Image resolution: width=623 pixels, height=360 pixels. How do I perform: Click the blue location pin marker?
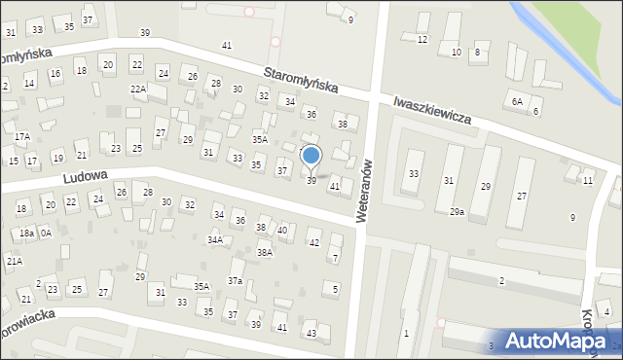point(311,157)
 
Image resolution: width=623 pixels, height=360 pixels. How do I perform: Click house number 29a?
point(457,212)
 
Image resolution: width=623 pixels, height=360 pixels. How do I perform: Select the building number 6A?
point(517,101)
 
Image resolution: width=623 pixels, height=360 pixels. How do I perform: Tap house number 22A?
point(138,90)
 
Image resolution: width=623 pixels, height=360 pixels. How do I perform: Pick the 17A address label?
point(21,136)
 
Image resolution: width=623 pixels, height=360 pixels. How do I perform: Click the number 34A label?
point(215,239)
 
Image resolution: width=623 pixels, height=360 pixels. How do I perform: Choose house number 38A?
point(264,252)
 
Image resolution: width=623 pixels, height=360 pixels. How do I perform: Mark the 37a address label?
point(235,280)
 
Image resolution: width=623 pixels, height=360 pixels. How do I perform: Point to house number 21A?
point(14,261)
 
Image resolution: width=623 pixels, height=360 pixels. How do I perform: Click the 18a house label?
point(26,234)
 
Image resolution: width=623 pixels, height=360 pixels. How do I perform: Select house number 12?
point(421,39)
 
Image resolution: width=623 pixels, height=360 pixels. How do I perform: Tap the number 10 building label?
point(456,52)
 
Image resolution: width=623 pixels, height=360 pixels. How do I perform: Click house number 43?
point(311,334)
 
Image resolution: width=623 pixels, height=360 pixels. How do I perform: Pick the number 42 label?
point(313,242)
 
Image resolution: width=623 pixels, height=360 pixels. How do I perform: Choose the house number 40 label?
point(282,231)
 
